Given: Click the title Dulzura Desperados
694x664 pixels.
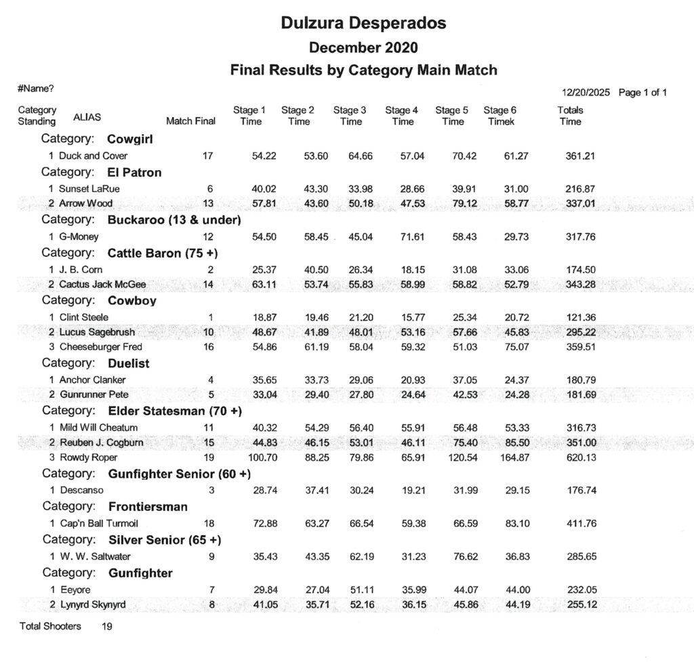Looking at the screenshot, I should tap(363, 23).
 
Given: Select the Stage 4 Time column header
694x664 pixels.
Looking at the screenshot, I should tap(402, 116).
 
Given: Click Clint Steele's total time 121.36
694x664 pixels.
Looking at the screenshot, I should tap(580, 317).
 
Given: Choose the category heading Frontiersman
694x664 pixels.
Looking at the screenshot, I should tap(148, 506).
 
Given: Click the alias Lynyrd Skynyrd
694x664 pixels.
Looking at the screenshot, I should tap(92, 604).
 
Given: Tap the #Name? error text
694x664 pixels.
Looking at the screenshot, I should tap(36, 89).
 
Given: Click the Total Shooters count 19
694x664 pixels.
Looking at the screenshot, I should tap(107, 627).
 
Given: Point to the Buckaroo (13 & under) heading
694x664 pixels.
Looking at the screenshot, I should tap(174, 220).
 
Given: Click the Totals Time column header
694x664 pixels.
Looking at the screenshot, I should tap(570, 116).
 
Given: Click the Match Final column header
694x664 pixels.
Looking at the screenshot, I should tap(190, 121).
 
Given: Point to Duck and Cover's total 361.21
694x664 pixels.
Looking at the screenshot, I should tap(580, 156).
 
